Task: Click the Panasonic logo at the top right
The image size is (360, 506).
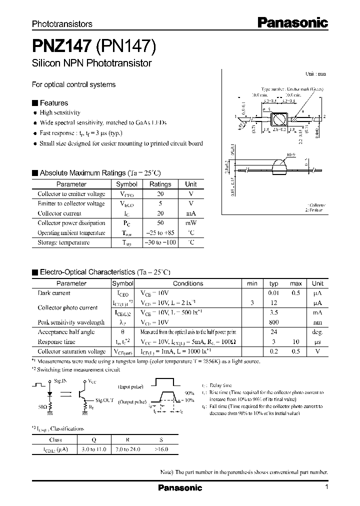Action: pos(292,22)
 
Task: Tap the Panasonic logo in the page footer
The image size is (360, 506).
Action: pos(179,487)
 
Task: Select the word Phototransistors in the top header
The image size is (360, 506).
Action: pos(62,23)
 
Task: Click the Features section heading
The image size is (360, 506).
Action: pos(53,103)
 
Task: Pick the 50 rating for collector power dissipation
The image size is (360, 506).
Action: pos(160,223)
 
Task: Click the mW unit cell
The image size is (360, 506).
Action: pos(190,223)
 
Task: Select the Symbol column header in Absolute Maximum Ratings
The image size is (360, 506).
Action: pos(126,184)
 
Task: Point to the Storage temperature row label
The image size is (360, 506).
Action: pos(63,242)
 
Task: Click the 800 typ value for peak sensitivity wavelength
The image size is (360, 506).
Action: pos(273,322)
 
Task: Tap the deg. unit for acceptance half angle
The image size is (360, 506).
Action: pos(317,332)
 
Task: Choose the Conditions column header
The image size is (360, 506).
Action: pos(188,283)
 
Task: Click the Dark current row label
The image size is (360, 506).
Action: pos(54,293)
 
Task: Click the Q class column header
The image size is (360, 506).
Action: pos(94,439)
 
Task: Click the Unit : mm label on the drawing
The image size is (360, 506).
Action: pos(315,73)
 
